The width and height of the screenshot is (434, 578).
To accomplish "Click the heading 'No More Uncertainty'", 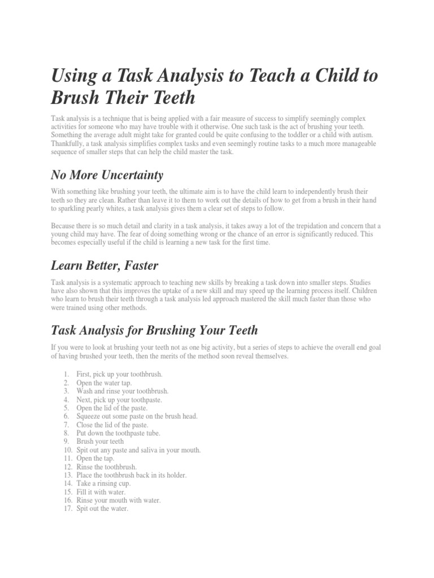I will (107, 174).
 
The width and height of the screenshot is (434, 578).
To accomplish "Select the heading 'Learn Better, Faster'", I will (105, 265).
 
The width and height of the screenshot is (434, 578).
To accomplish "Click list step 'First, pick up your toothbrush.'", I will (119, 374).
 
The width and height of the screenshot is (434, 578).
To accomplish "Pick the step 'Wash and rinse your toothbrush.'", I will (123, 391).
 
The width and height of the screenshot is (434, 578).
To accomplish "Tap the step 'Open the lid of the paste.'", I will (112, 408).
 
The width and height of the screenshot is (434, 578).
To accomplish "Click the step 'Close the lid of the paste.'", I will (112, 425).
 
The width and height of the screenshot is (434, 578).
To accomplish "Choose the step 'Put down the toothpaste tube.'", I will (119, 433).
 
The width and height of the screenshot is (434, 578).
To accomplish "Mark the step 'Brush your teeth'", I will (101, 442).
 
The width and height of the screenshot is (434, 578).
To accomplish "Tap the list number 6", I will (67, 417).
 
